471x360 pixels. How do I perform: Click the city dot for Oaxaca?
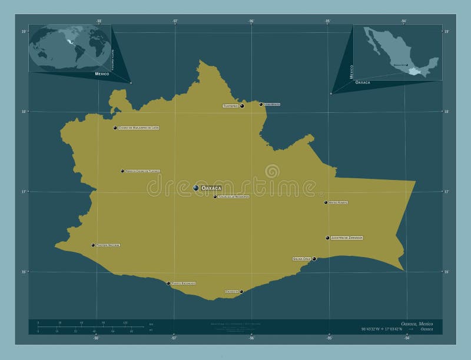[x=196, y=188]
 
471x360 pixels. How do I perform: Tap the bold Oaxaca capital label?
[x=211, y=188]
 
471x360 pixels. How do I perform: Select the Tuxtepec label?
[x=230, y=106]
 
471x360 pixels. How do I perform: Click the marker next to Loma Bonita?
[x=261, y=104]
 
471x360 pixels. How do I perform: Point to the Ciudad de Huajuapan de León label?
[x=139, y=128]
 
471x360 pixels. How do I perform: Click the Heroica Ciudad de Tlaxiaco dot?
[x=122, y=171]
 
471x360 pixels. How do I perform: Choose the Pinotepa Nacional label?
[x=108, y=245]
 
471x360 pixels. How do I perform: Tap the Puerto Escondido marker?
[x=168, y=283]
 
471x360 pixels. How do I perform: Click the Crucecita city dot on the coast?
[x=241, y=291]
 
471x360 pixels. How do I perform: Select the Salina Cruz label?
[x=301, y=259]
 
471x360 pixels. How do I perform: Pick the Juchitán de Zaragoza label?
[x=347, y=238]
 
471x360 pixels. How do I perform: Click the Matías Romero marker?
[x=326, y=202]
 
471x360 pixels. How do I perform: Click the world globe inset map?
[x=70, y=48]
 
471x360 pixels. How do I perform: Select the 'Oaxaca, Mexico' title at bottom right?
[x=417, y=324]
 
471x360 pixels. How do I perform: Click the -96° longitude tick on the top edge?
[x=251, y=21]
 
